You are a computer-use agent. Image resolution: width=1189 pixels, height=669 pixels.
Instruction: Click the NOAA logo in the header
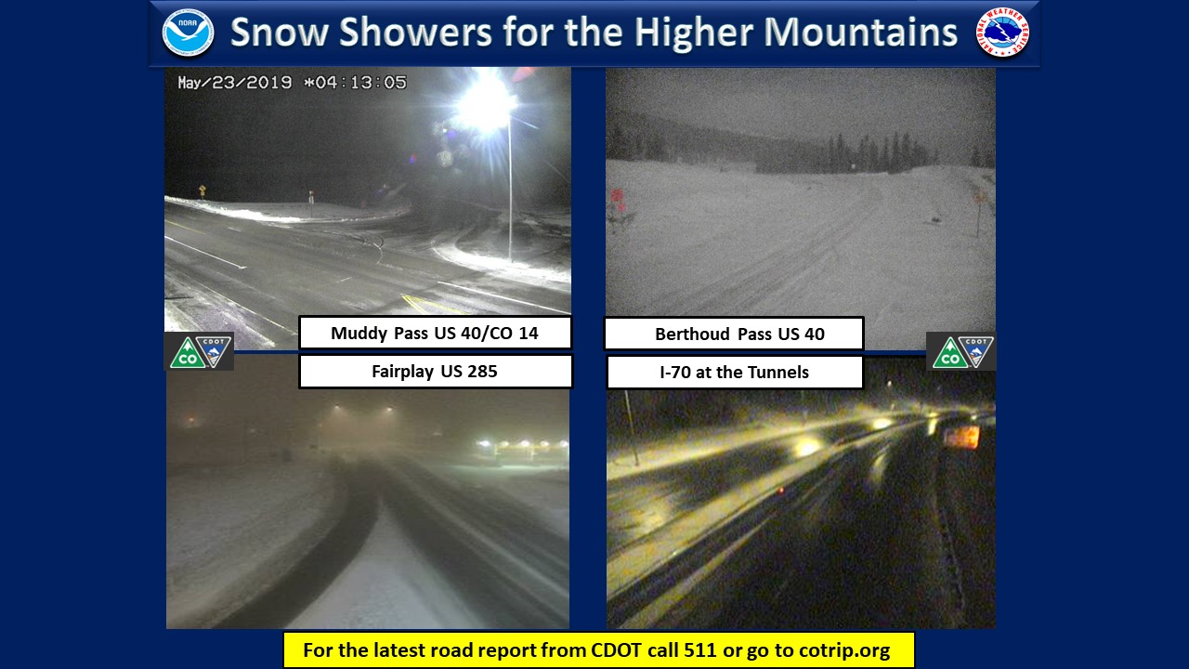(x=188, y=33)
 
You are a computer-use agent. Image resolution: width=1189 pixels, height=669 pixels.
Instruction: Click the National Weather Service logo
(x=1002, y=32)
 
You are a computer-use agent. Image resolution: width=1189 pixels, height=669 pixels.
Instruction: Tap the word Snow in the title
(x=280, y=32)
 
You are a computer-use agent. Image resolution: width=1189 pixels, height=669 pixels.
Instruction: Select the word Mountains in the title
(x=860, y=32)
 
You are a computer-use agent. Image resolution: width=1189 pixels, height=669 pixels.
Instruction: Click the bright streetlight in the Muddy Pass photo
(x=485, y=103)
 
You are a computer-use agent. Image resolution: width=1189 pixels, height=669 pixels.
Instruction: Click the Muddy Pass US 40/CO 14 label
(x=435, y=333)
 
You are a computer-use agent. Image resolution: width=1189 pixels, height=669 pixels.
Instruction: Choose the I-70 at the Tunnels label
(x=735, y=373)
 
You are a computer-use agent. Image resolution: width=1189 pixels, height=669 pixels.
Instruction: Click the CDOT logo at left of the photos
(x=199, y=351)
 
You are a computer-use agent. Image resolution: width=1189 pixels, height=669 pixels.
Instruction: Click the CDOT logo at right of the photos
(x=960, y=351)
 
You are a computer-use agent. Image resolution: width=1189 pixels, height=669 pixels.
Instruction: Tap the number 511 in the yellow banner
(x=700, y=649)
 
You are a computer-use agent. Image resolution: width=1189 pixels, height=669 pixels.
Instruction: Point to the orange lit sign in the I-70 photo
(x=961, y=437)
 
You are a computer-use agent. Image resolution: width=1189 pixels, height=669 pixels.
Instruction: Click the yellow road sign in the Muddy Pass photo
(x=202, y=190)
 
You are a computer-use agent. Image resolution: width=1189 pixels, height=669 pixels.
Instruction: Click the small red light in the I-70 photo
(x=781, y=490)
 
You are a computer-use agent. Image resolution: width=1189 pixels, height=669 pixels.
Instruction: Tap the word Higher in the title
(x=694, y=33)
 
